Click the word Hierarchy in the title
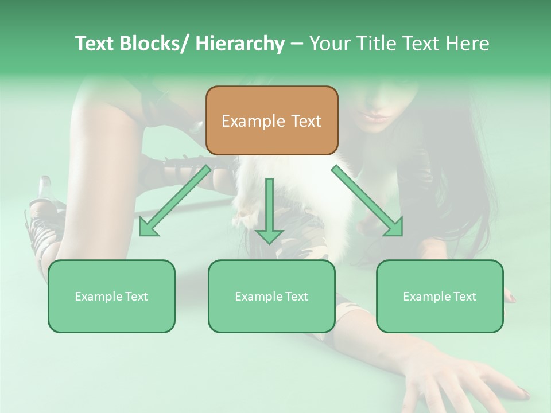[x=240, y=44]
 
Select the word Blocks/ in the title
[x=154, y=44]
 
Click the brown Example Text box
[x=271, y=120]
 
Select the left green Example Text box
[x=111, y=297]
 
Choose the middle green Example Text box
[x=271, y=297]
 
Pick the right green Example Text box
[x=440, y=297]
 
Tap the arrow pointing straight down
[x=269, y=212]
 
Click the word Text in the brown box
[x=305, y=121]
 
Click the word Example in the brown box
[x=253, y=121]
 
